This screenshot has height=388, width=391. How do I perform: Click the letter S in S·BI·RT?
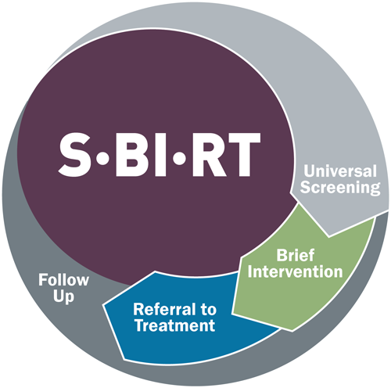pos(75,154)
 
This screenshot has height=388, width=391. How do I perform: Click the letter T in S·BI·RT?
pos(242,155)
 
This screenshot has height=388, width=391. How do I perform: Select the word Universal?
pos(340,171)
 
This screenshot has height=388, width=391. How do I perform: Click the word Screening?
pos(340,188)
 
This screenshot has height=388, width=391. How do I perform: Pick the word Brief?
pos(296,255)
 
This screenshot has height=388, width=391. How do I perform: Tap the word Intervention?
pos(296,271)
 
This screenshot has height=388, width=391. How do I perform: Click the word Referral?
pos(164,309)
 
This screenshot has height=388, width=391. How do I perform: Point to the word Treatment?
pos(175,325)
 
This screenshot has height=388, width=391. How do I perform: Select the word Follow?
pos(64,280)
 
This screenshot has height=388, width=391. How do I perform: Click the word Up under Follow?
pos(63,296)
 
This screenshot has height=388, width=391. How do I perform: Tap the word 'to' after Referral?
pos(208,310)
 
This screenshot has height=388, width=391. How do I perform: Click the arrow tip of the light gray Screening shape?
pos(328,236)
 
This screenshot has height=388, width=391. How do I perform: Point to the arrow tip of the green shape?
pos(292,331)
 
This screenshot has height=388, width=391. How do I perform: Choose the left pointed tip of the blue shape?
pos(103,304)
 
